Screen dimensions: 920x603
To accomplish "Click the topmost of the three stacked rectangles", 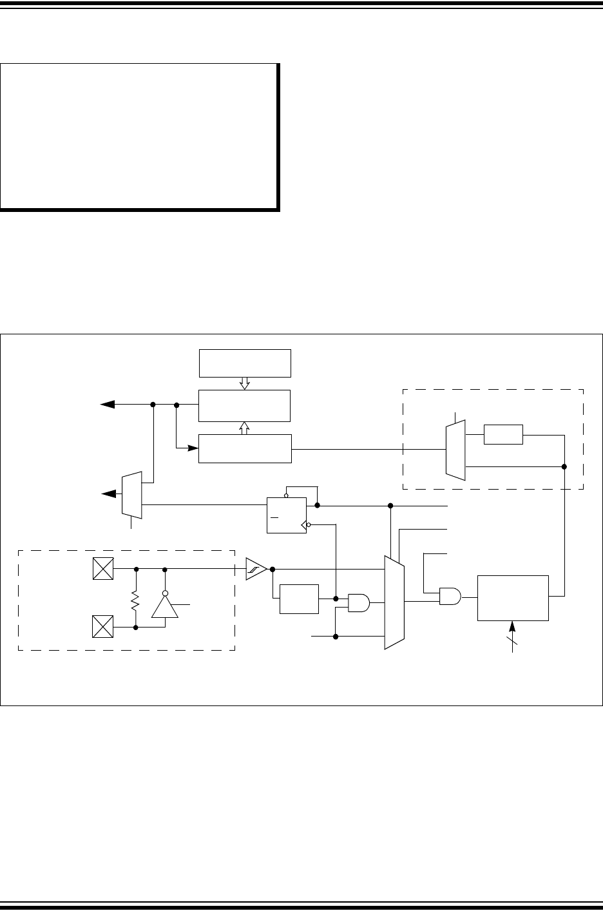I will tap(245, 363).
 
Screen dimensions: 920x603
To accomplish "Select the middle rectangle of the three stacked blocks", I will tap(245, 405).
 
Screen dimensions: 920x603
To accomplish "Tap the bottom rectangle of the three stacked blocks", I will tap(245, 448).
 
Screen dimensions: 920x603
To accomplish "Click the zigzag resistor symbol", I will tap(136, 602).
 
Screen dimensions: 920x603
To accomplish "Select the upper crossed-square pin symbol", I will tap(103, 570).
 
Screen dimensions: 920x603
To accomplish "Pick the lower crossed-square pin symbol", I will tap(103, 626).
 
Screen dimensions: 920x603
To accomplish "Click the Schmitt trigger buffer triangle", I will tap(256, 570).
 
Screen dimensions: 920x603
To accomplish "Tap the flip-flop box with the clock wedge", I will tap(286, 515).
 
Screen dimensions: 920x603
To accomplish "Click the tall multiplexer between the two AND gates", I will tap(394, 602).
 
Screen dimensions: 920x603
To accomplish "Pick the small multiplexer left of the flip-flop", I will tap(131, 494).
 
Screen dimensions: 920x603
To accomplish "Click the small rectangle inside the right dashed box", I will tap(503, 435).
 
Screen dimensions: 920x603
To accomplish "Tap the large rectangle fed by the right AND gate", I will tap(513, 598).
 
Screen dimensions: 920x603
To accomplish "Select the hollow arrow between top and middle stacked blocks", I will tap(244, 383).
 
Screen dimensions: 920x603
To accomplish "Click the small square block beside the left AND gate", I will tap(299, 599).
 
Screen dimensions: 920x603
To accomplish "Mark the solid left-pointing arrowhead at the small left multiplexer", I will tap(109, 494).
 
